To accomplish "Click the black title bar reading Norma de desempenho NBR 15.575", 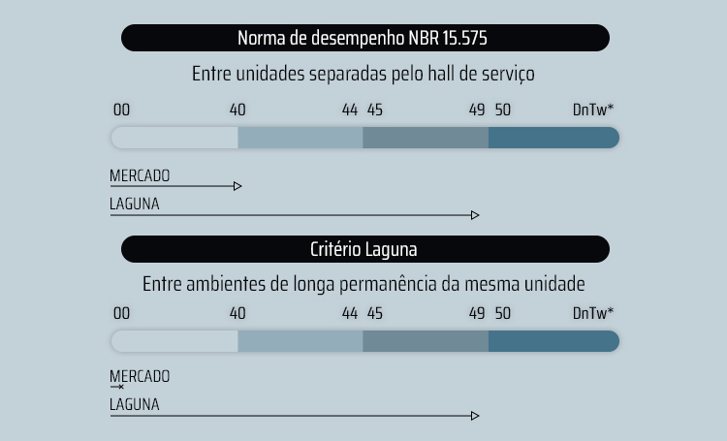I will (364, 39).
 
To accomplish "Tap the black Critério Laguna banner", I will (364, 249).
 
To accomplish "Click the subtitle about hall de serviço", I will (363, 74).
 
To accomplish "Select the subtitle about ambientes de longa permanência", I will (363, 285).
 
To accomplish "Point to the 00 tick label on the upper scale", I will (121, 110).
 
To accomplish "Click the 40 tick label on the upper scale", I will (237, 110).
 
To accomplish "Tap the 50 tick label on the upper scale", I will (502, 110).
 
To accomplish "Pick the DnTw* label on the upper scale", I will (592, 110).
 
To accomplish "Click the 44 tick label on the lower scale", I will (351, 313).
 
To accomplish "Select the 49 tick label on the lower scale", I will (477, 313).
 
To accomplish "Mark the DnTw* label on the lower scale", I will (592, 313).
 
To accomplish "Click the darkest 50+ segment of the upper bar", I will (553, 138).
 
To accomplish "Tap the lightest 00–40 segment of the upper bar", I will (175, 138).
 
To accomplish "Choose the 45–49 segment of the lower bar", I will (426, 341).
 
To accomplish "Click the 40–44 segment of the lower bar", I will (300, 341).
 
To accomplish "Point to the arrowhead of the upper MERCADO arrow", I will (237, 186).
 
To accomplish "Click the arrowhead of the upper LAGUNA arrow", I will (475, 215).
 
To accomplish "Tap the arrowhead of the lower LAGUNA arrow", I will (475, 416).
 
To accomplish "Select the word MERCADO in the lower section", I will (140, 376).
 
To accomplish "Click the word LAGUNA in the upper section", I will (135, 205).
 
